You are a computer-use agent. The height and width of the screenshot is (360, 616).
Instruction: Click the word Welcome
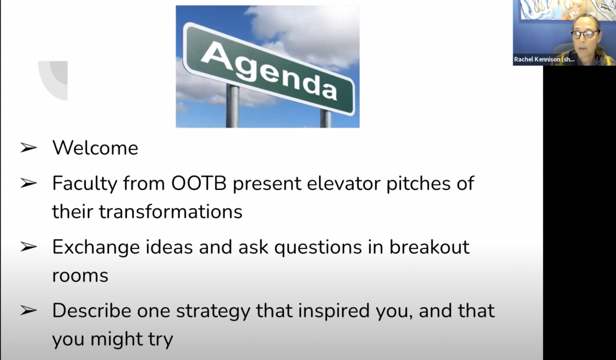coord(95,148)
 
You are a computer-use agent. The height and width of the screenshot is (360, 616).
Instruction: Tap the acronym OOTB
coord(199,183)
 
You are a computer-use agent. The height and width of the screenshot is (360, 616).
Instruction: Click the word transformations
coord(171,211)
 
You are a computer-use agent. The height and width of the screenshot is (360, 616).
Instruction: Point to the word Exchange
coord(96,247)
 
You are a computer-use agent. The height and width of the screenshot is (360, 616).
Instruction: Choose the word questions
coord(318,247)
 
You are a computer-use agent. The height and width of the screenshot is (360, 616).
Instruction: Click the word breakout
coord(429,247)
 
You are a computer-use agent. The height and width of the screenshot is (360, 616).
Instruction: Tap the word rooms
coord(80,275)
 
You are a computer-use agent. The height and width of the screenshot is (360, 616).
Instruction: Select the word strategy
coord(213,311)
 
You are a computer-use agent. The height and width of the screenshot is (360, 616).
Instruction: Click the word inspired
coord(334,311)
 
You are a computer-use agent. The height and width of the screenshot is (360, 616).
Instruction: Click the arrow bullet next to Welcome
coord(28,148)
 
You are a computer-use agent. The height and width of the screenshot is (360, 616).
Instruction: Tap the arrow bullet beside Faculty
coord(28,183)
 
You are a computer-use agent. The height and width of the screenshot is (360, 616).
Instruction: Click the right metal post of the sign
coord(326,118)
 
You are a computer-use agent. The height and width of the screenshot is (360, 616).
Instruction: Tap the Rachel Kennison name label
coord(544,59)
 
